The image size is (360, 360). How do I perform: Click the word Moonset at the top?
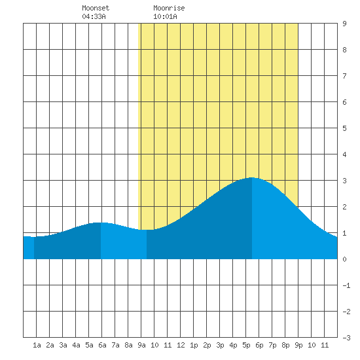point(96,8)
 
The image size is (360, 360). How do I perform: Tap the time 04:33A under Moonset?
point(94,16)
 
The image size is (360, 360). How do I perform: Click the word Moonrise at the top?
point(169,8)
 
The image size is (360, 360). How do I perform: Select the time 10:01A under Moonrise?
point(165,16)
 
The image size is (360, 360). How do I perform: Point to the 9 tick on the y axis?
point(344,24)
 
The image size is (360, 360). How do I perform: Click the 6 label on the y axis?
point(344,102)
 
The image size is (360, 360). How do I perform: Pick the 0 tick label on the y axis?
point(344,259)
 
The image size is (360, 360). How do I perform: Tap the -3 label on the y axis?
point(346,338)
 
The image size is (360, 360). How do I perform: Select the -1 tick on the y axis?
point(346,285)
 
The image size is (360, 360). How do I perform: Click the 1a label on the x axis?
point(37,345)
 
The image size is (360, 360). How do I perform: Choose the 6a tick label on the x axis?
point(102,345)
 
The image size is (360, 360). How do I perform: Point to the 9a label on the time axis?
point(141,345)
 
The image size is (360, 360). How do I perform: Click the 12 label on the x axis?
point(181,345)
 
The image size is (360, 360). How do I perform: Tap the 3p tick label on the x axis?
point(220,345)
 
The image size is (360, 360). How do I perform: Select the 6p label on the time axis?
point(259,345)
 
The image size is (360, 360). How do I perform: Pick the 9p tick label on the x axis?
point(298,345)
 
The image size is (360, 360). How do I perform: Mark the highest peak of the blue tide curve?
point(251,177)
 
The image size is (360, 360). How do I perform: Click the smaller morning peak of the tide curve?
point(100,223)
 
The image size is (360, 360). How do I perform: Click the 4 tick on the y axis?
point(344,154)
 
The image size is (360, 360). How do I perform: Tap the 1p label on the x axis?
point(194,345)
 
